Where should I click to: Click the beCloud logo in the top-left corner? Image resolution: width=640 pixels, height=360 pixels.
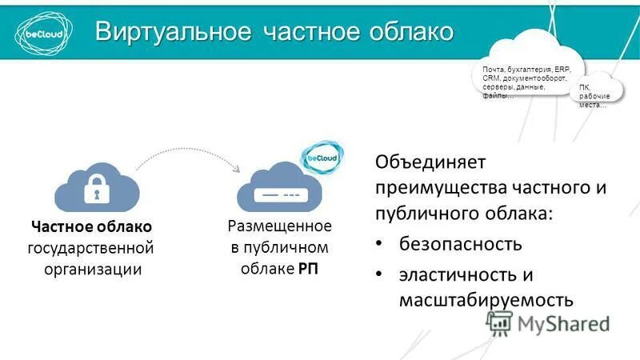tap(38, 30)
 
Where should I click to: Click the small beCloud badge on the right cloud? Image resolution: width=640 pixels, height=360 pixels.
tap(320, 158)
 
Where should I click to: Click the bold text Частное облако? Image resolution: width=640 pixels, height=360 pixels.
tap(91, 227)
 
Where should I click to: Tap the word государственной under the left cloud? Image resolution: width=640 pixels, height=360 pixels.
tap(90, 248)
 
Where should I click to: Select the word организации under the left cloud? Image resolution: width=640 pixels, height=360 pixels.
tap(92, 269)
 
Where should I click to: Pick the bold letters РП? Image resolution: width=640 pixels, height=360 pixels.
tap(308, 268)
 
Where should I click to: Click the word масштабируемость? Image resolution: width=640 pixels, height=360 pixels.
tap(486, 299)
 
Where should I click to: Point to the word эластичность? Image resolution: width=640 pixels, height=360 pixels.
tap(450, 274)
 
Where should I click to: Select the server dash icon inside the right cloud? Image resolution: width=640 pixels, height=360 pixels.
tap(279, 195)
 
